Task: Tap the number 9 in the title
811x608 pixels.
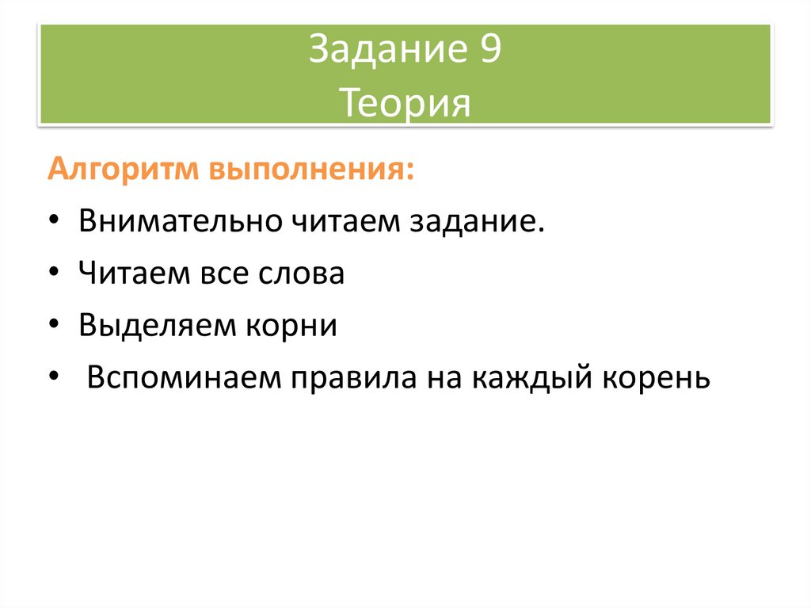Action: [489, 52]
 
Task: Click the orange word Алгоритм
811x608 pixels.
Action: [124, 171]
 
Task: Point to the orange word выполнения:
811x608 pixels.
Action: [311, 171]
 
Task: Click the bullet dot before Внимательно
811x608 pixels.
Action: [52, 223]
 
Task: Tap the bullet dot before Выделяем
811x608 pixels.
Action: [52, 327]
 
